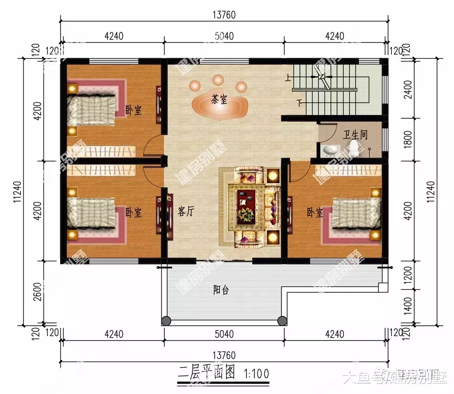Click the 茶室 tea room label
click(219, 100)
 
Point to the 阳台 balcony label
click(220, 290)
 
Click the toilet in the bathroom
click(354, 146)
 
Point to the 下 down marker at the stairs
click(299, 102)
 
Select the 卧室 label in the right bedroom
click(314, 212)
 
